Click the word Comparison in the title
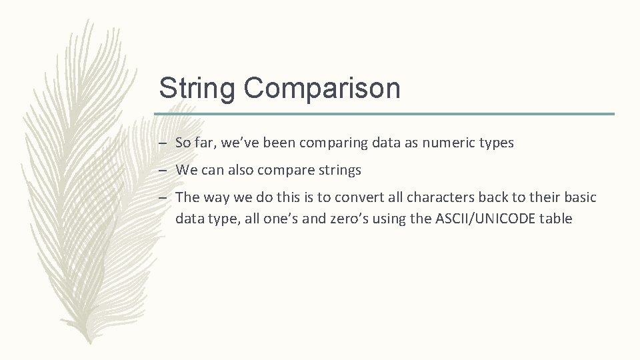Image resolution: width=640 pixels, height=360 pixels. (x=322, y=89)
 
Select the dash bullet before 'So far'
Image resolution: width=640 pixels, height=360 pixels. (x=163, y=143)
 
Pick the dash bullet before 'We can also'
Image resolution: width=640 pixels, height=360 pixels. (x=163, y=171)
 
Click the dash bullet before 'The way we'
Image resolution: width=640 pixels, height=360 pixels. (x=163, y=199)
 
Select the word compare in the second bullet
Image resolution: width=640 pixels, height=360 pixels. (x=291, y=171)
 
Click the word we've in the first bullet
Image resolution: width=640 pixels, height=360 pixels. (x=241, y=143)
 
